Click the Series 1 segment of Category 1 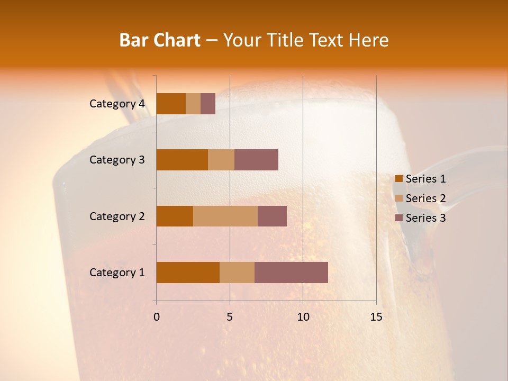188,273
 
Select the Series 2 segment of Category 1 237,273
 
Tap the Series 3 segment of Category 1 291,273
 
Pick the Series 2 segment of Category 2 225,216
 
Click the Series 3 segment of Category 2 272,216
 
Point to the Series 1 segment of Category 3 182,160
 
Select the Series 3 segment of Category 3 256,160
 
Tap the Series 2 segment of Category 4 193,104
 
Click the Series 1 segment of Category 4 171,104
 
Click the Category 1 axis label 116,273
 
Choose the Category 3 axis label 116,160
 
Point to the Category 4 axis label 116,104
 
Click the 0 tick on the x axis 157,317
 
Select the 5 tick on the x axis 230,317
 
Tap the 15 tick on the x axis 376,317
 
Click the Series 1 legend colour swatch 398,179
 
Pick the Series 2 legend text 425,198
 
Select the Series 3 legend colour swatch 398,218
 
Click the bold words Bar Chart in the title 160,40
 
